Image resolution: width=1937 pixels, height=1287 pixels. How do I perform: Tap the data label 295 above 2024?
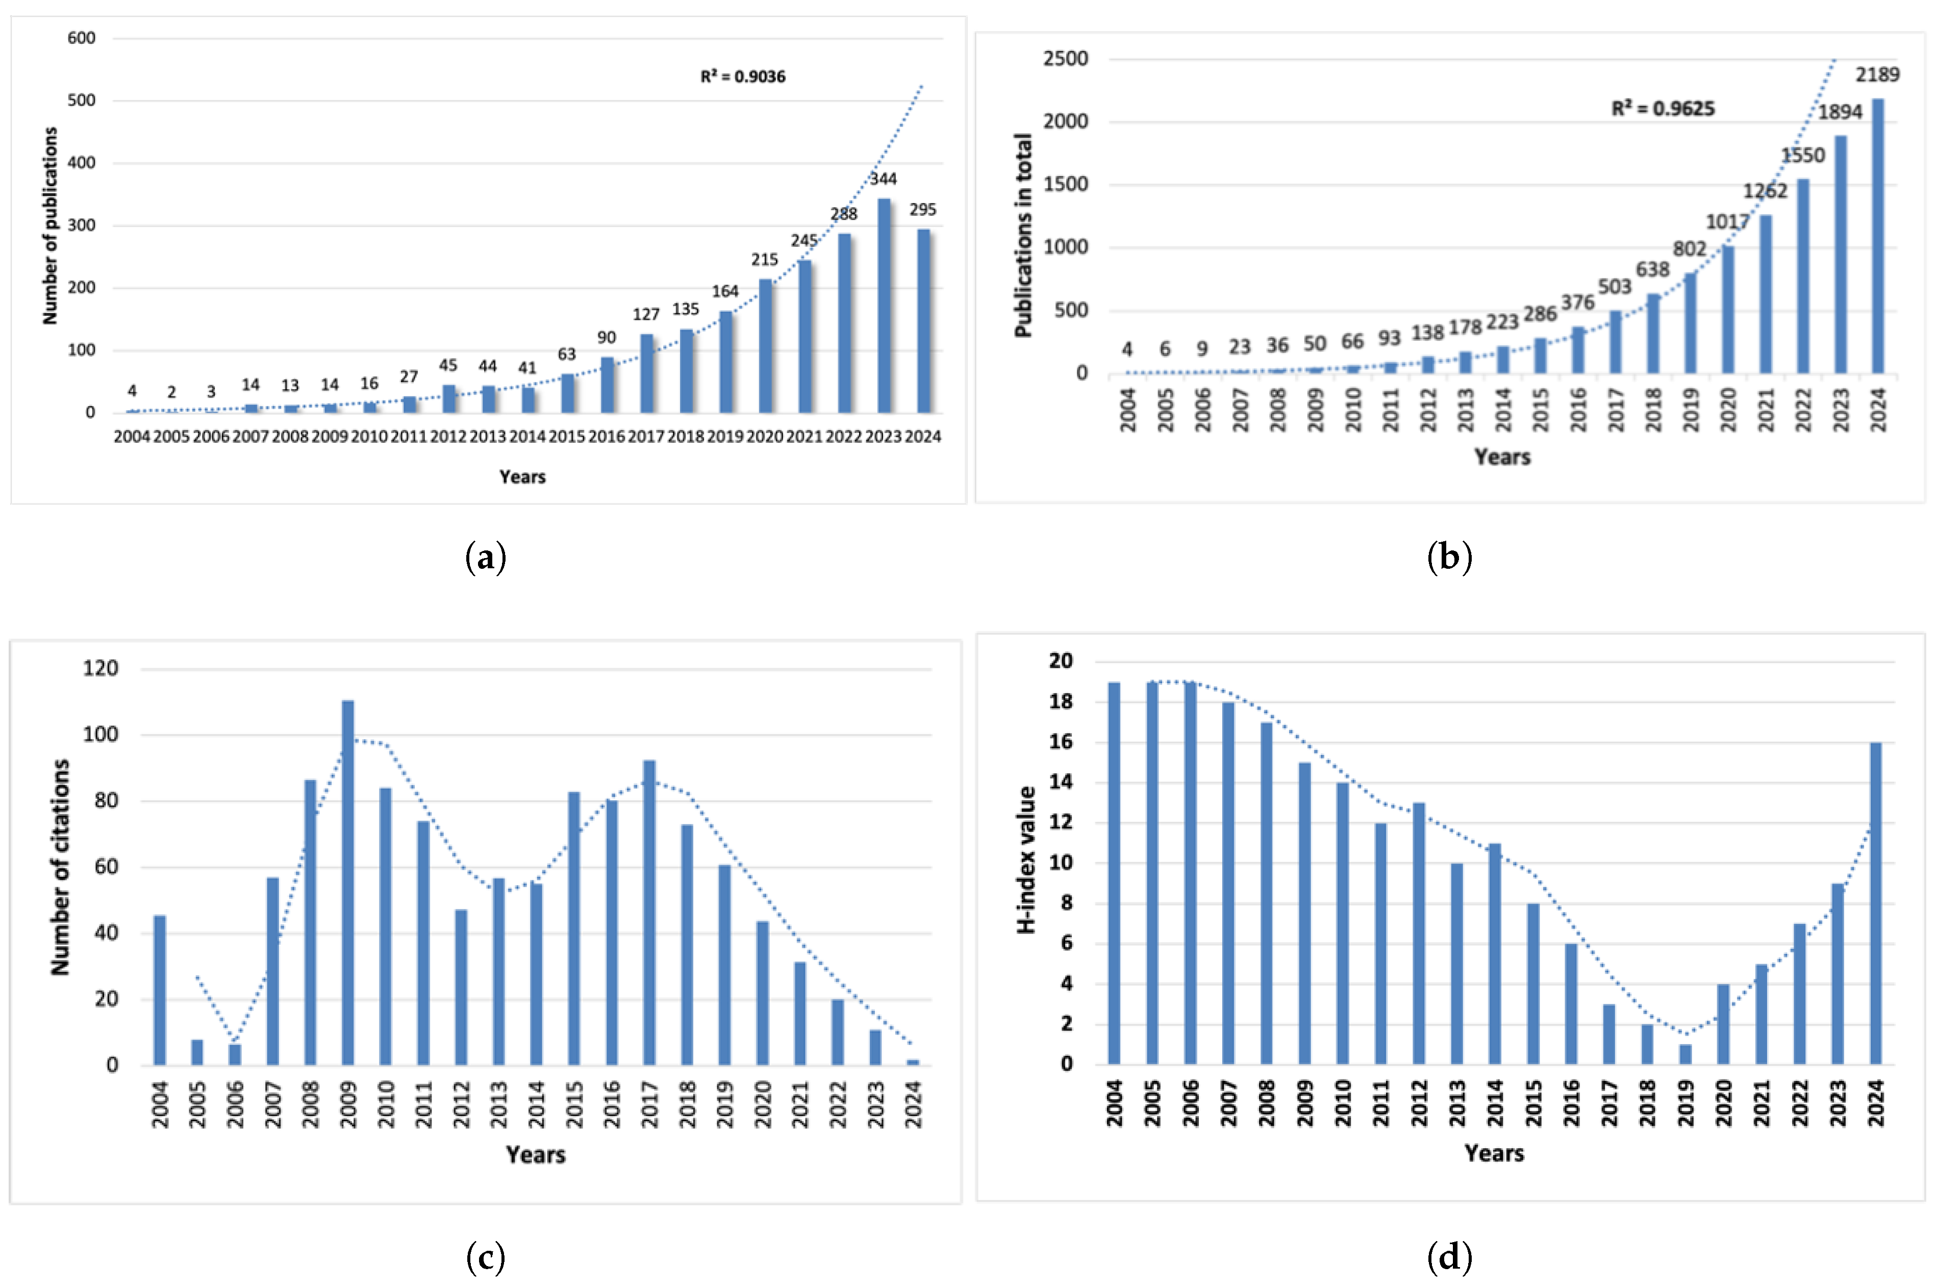(922, 209)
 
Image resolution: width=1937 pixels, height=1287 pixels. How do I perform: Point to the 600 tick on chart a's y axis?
(81, 38)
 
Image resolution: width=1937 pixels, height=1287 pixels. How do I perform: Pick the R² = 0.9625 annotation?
(1663, 108)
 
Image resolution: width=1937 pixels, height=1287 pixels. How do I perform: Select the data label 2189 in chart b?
(1877, 74)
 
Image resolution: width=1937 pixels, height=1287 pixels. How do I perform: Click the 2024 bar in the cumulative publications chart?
(1877, 236)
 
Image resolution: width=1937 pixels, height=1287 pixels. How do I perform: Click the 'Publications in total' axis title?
(1023, 236)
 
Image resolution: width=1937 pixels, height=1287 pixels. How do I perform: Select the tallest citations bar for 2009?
(348, 882)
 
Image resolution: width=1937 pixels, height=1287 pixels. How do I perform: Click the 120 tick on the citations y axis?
(100, 668)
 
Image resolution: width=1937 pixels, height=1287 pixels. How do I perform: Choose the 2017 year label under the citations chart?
(650, 1105)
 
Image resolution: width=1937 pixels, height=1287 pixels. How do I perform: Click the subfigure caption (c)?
(485, 1256)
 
